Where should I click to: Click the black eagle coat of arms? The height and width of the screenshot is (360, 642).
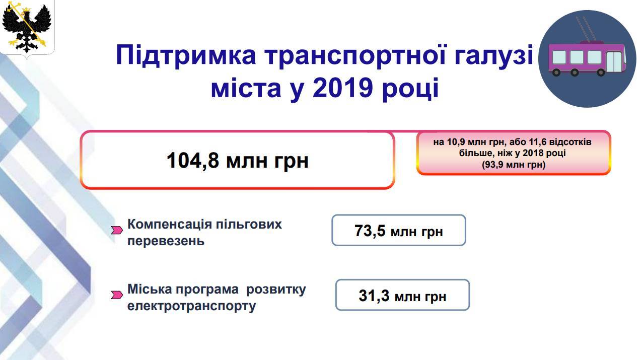[x=26, y=28]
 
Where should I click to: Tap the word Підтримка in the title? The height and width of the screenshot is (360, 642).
[x=186, y=55]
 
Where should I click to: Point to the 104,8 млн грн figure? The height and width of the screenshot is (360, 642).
[x=237, y=160]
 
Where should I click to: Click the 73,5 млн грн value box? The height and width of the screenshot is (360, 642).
[x=399, y=230]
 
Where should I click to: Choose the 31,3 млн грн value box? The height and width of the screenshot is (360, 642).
[x=402, y=295]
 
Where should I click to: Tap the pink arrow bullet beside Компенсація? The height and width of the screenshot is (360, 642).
[x=117, y=230]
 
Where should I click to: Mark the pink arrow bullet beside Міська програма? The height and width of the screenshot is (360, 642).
[x=117, y=295]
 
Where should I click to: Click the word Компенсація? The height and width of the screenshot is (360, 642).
[x=169, y=224]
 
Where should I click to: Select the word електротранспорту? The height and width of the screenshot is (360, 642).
[x=191, y=306]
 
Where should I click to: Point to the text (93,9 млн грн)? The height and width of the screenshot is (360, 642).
[x=513, y=165]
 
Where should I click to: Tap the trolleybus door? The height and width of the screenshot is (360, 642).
[x=614, y=62]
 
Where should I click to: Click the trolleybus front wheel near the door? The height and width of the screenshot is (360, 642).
[x=601, y=73]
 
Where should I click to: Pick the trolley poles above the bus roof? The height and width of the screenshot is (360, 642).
[x=586, y=29]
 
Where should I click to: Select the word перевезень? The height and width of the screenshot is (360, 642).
[x=166, y=241]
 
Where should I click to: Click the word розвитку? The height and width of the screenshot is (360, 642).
[x=276, y=290]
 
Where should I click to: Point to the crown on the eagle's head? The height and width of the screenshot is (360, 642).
[x=27, y=10]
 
